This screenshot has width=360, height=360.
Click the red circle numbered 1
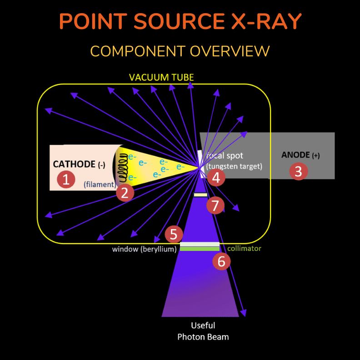[66, 179]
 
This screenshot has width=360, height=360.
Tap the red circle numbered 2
[125, 193]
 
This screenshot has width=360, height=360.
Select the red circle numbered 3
[299, 171]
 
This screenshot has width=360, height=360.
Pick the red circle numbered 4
[216, 177]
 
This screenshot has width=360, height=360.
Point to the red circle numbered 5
[174, 234]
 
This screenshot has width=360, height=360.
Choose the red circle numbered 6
[221, 261]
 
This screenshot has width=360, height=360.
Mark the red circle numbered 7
[215, 205]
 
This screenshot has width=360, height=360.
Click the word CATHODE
[74, 164]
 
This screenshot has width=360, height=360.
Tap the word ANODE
[295, 155]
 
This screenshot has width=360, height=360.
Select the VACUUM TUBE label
[161, 77]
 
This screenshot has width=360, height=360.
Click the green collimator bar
[200, 249]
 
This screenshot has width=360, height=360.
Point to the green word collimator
[244, 249]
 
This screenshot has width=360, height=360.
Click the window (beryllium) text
[144, 249]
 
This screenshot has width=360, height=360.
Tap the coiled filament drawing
[123, 167]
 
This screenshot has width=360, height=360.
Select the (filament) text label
[100, 185]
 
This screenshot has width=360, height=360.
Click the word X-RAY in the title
[266, 21]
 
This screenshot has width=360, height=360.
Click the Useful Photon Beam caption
[203, 331]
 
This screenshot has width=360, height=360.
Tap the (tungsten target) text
[234, 166]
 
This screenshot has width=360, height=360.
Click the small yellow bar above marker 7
[200, 195]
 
